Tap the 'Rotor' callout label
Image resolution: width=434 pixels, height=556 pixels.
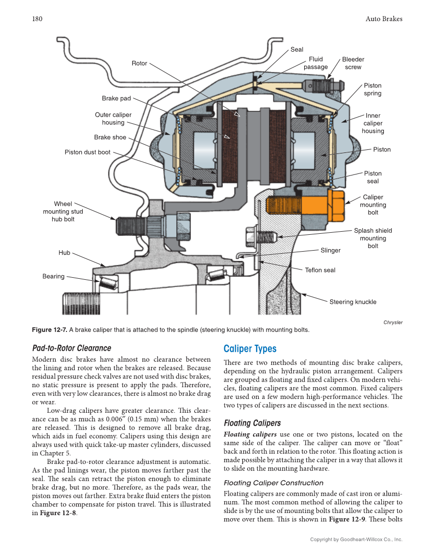tap(139, 63)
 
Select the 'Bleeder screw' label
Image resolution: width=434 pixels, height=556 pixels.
tap(353, 63)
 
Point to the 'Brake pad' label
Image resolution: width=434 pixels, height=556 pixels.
tap(116, 98)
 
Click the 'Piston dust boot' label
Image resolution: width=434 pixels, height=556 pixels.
tap(87, 152)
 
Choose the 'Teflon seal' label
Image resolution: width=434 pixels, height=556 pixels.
tap(320, 270)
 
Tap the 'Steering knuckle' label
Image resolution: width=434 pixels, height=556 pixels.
tap(353, 302)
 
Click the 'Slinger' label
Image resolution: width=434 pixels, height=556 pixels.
tap(330, 250)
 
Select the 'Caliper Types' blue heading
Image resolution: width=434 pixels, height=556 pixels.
tap(249, 349)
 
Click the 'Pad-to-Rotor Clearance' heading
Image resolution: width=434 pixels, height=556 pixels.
tap(71, 348)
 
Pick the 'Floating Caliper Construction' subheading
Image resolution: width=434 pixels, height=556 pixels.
tap(273, 483)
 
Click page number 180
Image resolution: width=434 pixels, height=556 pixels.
tap(37, 19)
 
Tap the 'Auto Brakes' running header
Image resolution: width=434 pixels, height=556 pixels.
tap(384, 19)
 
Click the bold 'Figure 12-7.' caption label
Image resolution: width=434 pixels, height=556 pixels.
tap(49, 329)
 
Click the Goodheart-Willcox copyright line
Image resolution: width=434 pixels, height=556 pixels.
tap(356, 539)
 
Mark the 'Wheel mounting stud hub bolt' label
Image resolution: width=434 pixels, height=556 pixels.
tap(63, 211)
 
